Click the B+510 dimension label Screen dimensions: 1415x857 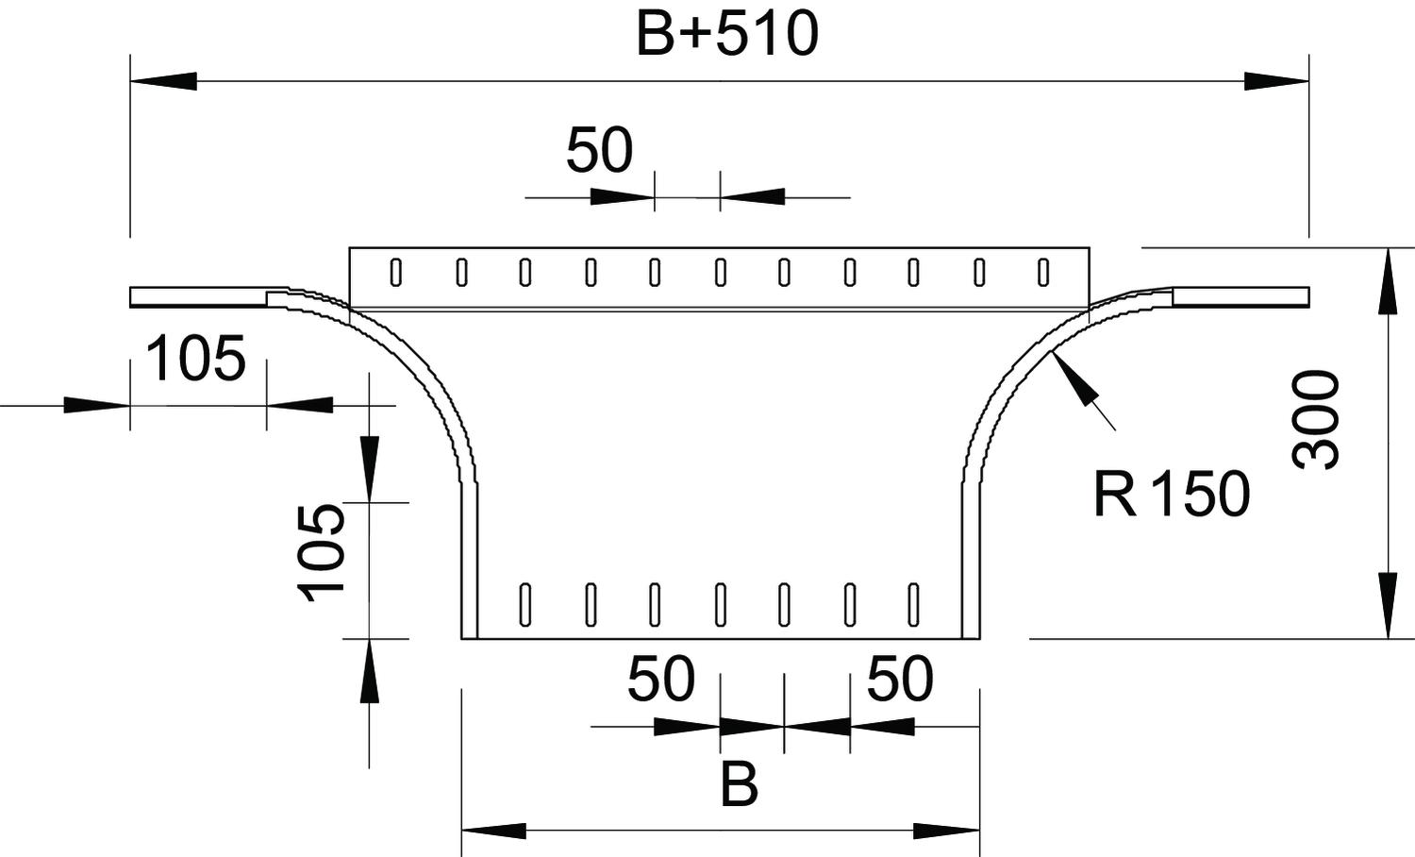click(x=727, y=35)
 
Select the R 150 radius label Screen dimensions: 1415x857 click(x=1172, y=494)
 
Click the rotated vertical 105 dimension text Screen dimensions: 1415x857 click(x=321, y=552)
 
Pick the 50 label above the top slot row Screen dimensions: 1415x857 click(x=599, y=150)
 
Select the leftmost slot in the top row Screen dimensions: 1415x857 click(x=396, y=273)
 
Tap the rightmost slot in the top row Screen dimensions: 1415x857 click(x=1043, y=273)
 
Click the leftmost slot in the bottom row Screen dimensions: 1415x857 click(x=524, y=605)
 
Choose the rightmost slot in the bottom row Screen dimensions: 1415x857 click(x=913, y=605)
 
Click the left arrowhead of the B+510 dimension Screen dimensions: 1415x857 click(x=163, y=81)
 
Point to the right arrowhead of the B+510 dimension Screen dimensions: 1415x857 click(x=1276, y=81)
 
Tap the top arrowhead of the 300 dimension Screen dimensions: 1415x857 click(x=1388, y=280)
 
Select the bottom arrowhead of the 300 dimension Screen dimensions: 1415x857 click(x=1388, y=605)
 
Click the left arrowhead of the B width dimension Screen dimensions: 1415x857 click(x=494, y=831)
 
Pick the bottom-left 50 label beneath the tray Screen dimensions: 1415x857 click(x=660, y=679)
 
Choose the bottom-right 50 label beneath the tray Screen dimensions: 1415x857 click(x=900, y=679)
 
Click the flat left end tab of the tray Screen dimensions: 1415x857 click(x=198, y=297)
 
